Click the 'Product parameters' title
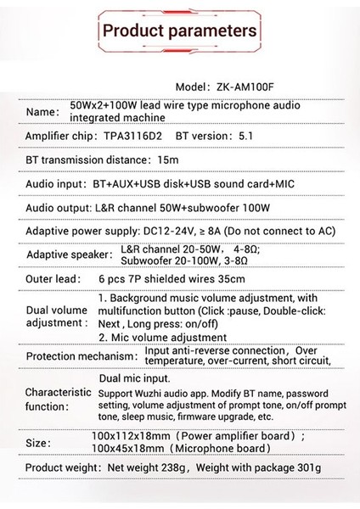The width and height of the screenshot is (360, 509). point(179,31)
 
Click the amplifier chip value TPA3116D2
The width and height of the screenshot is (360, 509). point(135,137)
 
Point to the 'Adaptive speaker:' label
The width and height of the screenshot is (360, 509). point(69,255)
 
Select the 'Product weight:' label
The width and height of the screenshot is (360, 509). point(64,468)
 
